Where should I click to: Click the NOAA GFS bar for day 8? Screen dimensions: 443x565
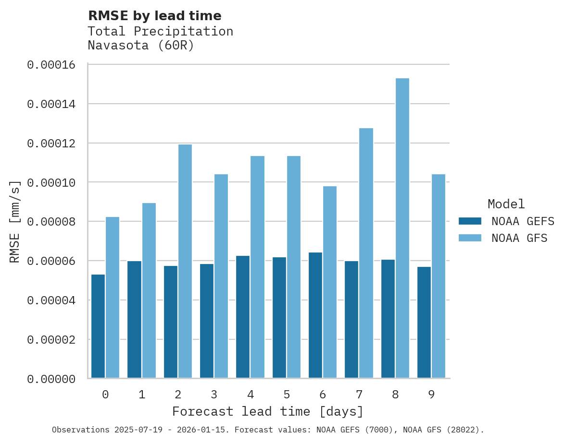(x=402, y=228)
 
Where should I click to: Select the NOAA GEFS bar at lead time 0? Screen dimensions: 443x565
(x=98, y=326)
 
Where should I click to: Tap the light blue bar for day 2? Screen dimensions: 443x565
(x=185, y=261)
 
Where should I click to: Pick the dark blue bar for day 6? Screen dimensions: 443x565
(x=315, y=315)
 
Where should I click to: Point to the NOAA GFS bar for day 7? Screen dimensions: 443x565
(x=366, y=253)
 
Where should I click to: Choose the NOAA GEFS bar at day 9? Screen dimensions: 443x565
(x=424, y=323)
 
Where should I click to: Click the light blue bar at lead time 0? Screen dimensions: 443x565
(x=113, y=298)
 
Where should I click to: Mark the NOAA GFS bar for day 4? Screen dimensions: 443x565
(x=257, y=267)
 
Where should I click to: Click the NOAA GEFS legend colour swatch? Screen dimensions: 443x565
(x=470, y=221)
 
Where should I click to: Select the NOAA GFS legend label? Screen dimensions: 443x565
(x=519, y=238)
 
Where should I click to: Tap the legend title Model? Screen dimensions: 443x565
(x=506, y=204)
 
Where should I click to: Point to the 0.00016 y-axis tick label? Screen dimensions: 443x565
(x=51, y=64)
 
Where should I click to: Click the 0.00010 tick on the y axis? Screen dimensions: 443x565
(x=51, y=182)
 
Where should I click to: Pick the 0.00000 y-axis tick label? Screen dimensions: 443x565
(x=51, y=379)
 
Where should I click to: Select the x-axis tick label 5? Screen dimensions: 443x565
(x=287, y=395)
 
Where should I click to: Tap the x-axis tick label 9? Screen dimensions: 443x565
(x=431, y=395)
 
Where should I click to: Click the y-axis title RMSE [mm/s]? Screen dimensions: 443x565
(x=15, y=222)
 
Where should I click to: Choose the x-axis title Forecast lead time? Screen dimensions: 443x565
(x=268, y=412)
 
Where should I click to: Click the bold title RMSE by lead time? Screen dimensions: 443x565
(x=155, y=16)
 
